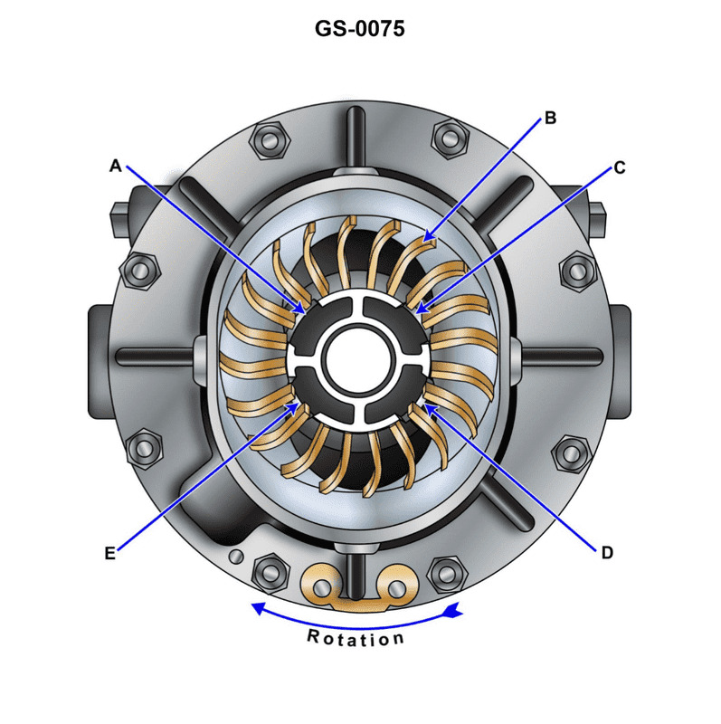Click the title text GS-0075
point(359,28)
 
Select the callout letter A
point(115,166)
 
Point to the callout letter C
point(620,167)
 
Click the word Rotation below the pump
point(356,638)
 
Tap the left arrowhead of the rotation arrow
point(256,607)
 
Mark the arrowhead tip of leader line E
point(300,405)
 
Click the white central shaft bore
point(359,357)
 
